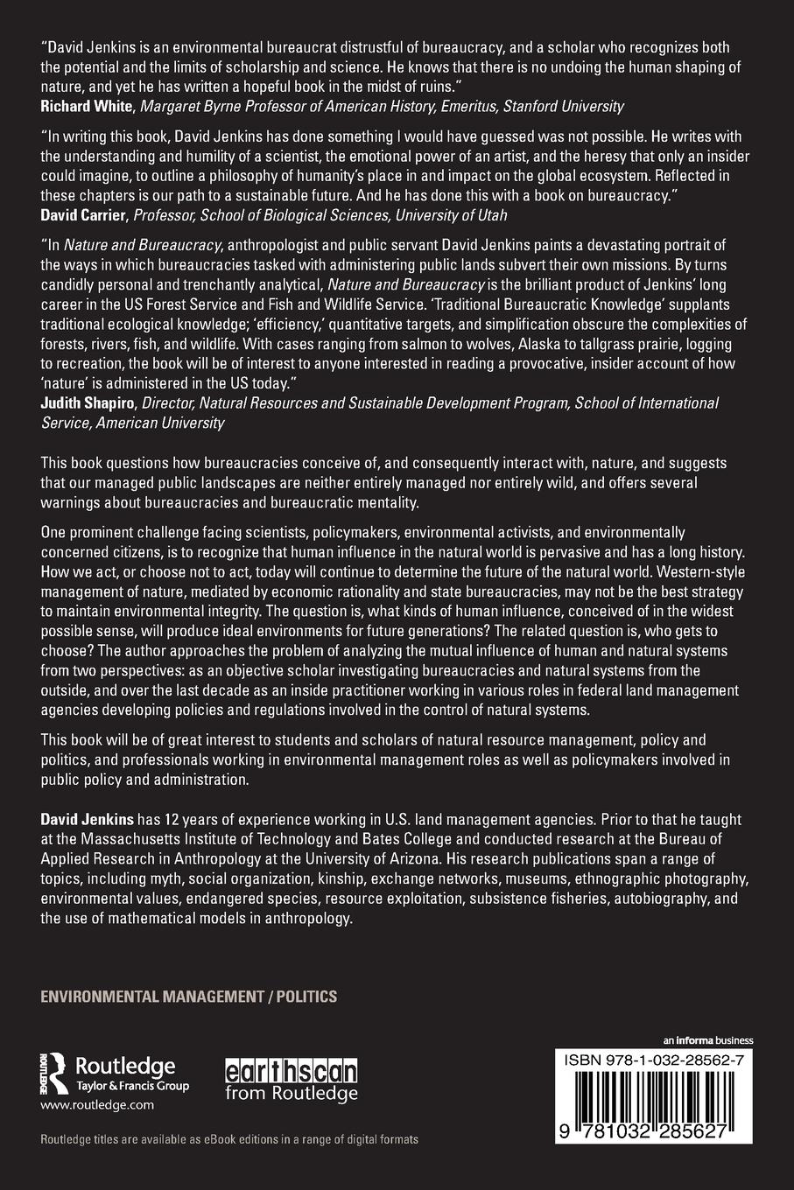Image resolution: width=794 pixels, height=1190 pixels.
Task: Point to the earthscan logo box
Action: click(x=292, y=1072)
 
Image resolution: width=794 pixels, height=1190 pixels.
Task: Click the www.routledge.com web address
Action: click(x=97, y=1105)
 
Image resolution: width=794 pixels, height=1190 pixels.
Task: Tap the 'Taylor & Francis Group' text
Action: click(x=132, y=1086)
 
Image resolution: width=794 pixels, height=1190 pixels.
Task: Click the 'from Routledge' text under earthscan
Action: click(x=292, y=1093)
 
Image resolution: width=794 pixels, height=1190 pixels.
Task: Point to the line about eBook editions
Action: click(x=229, y=1139)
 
